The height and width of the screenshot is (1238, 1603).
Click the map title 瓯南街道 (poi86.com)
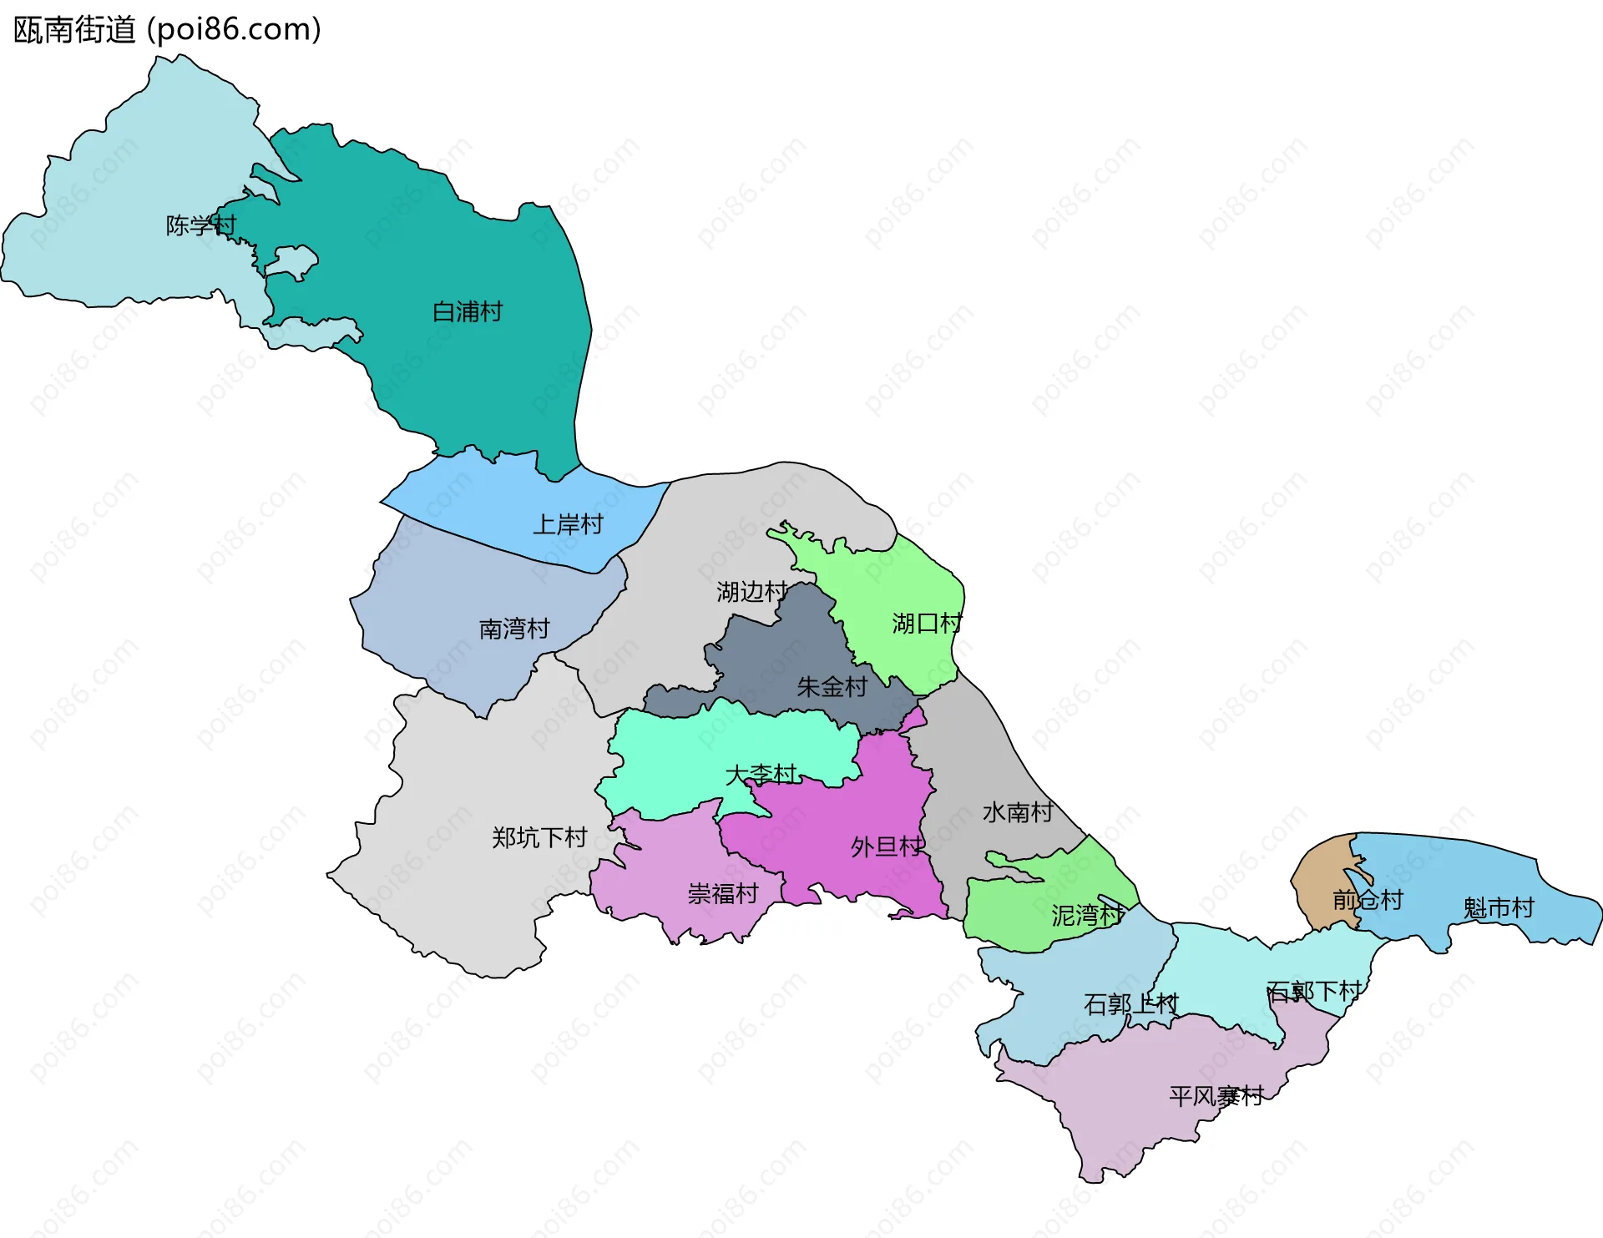167,30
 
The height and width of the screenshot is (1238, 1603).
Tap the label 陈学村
200,225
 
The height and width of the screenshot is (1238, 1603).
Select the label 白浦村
468,312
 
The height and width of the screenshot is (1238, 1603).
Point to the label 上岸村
568,525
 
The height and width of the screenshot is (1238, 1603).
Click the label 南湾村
514,629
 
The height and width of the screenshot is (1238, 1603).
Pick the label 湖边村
751,592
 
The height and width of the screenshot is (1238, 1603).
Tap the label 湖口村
927,624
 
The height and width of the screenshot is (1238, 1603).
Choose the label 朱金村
832,687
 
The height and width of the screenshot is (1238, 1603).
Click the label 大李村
761,775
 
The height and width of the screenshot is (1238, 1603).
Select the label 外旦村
887,847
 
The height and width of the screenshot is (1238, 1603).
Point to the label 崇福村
723,894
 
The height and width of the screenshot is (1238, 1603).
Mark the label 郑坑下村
539,837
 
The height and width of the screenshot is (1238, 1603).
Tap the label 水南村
1017,812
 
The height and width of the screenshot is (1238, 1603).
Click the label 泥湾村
1087,916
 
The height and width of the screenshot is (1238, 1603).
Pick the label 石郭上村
1130,1004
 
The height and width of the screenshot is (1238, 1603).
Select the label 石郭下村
1314,992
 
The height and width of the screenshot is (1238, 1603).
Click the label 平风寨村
1216,1096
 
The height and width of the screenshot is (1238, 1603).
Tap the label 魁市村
1499,908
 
